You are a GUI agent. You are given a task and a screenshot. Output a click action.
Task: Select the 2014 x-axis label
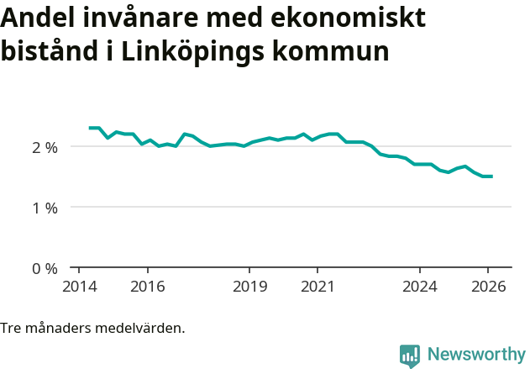79,286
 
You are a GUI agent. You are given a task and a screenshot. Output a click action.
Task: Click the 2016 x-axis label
148,286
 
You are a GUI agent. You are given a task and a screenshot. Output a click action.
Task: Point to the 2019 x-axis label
249,286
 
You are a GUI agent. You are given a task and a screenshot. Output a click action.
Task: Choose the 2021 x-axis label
317,286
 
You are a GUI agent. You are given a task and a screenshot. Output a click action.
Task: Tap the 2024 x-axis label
420,286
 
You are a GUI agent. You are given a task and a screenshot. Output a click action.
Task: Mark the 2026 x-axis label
488,286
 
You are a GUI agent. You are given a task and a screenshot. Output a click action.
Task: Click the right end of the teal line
491,177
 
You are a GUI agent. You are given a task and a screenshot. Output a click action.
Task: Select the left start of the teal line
90,128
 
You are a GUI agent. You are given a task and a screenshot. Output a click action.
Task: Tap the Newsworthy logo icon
410,356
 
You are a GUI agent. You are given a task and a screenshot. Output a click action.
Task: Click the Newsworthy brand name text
476,355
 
